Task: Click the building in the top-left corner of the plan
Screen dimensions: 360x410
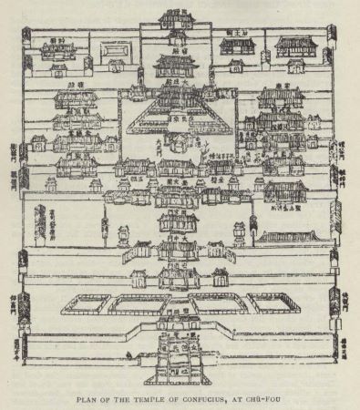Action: (x=57, y=47)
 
